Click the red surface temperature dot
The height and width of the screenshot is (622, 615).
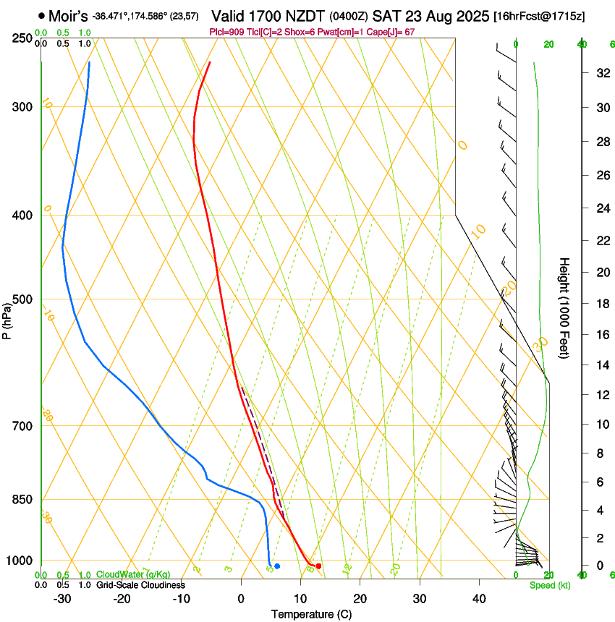tap(318, 566)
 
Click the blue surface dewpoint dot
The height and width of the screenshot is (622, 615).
tap(277, 566)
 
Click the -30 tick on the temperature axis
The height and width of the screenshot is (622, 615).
tap(62, 599)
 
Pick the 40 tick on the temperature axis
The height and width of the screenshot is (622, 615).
tap(478, 599)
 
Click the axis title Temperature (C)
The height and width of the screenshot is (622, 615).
tap(311, 614)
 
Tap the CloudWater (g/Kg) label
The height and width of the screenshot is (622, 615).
tap(133, 575)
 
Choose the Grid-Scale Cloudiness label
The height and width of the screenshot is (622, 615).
tap(140, 584)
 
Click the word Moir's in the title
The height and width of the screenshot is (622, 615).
tap(67, 15)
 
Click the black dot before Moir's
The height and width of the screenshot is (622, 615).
tap(41, 15)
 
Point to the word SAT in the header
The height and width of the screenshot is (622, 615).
tap(386, 15)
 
